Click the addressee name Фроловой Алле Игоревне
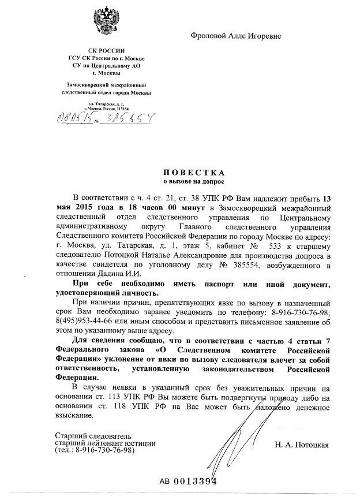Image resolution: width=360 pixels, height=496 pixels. pyautogui.click(x=236, y=36)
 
